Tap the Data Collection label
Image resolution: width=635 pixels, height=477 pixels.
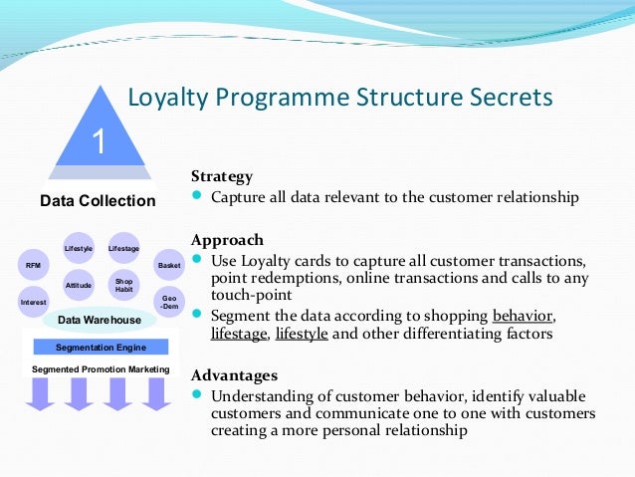98,201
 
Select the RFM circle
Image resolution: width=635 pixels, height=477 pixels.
33,266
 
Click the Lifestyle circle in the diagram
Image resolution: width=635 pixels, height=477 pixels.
79,248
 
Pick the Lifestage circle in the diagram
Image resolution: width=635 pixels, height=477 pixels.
123,248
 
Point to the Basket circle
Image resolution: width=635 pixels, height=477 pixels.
168,266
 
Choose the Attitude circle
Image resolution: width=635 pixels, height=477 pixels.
79,286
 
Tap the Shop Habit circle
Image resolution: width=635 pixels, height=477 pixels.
123,285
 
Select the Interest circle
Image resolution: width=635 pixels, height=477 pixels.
33,301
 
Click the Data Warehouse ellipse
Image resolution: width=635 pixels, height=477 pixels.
99,321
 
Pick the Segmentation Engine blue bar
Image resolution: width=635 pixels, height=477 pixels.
101,348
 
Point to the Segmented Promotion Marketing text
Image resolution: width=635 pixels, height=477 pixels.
101,369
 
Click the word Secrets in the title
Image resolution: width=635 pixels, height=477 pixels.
504,98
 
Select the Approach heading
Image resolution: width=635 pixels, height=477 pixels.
227,240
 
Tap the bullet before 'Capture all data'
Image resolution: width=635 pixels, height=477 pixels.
197,196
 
